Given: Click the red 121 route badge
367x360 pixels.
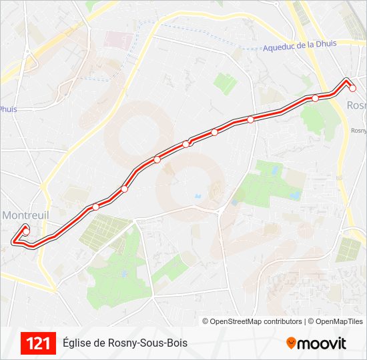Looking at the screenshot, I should (38, 343).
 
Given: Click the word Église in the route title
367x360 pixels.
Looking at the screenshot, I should (77, 343).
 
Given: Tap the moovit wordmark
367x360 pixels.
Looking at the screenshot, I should (322, 343).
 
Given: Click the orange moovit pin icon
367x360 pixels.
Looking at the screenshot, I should (291, 343).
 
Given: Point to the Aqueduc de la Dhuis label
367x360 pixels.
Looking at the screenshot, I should (300, 46).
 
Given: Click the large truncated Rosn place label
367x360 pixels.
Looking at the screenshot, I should (356, 105).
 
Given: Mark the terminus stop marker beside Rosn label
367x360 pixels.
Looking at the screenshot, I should (353, 88).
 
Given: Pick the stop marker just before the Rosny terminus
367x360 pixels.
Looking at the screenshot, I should (315, 99).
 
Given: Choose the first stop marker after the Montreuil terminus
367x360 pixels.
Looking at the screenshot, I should (95, 207).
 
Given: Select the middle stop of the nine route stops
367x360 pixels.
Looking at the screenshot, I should (186, 144).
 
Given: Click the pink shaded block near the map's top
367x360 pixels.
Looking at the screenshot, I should (119, 39).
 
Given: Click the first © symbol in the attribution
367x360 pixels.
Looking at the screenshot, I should (206, 321).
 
